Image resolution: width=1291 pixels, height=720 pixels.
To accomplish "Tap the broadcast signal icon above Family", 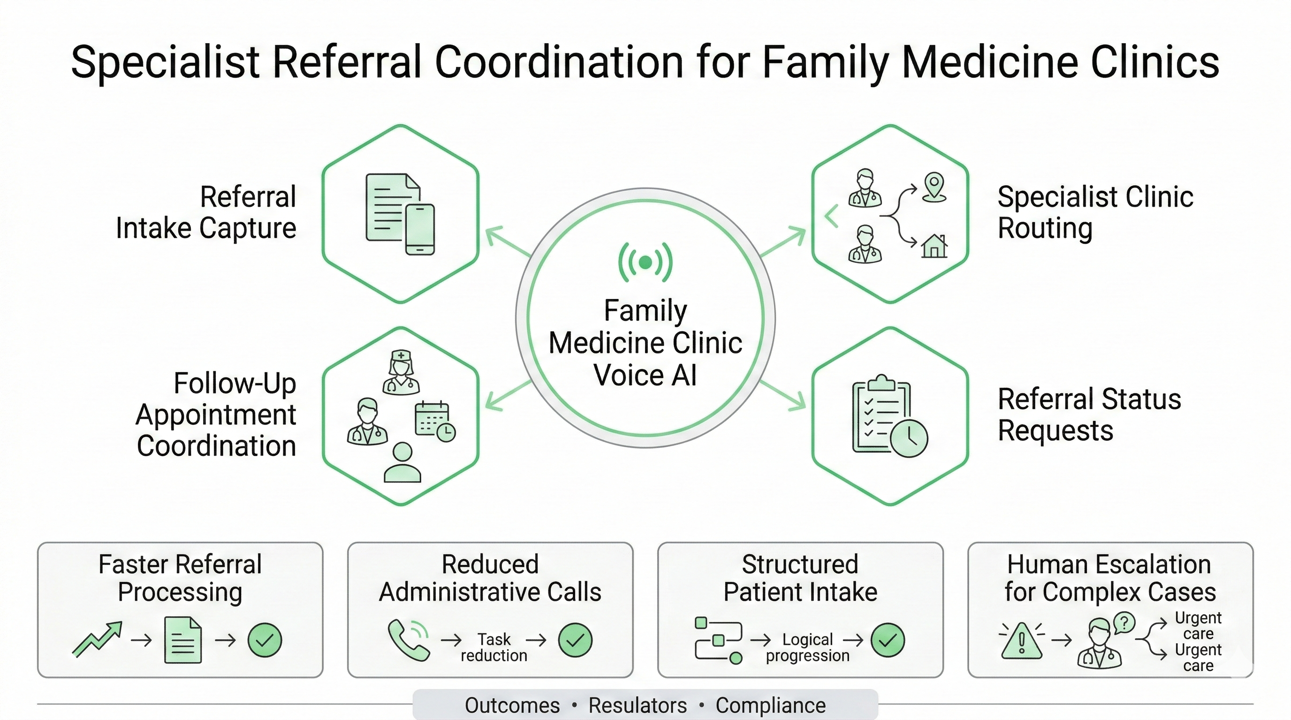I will [x=645, y=262].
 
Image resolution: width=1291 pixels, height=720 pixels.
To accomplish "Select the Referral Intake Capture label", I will [x=206, y=212].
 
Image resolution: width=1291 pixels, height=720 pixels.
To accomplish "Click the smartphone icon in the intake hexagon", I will [x=419, y=230].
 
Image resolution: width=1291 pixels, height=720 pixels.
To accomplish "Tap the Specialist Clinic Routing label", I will [x=1095, y=212].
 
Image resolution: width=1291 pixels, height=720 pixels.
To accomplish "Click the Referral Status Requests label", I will [x=1089, y=414].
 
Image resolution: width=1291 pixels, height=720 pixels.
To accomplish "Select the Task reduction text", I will [x=494, y=647].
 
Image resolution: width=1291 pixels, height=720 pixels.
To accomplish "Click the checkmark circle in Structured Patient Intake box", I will [x=888, y=640].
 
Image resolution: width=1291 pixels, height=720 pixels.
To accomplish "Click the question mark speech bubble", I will [x=1124, y=623].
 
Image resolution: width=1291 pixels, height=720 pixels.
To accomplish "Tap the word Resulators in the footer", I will [x=638, y=705].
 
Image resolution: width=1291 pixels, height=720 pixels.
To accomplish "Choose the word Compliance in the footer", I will [x=771, y=705].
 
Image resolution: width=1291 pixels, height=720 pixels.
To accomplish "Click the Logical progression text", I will [x=807, y=647].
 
